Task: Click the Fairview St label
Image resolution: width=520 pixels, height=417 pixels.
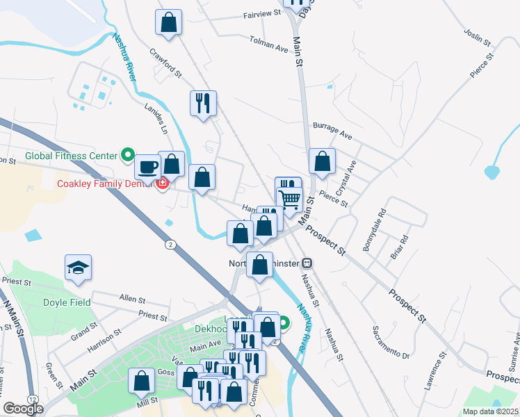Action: (x=261, y=13)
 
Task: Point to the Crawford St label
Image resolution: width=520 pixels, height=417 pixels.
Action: (x=166, y=63)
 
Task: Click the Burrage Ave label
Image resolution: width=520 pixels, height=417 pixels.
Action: (x=332, y=129)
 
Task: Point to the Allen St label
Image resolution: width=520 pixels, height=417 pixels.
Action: (x=132, y=299)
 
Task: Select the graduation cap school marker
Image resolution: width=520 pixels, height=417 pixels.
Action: (x=79, y=266)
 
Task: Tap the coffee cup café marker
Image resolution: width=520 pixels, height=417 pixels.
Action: (x=147, y=166)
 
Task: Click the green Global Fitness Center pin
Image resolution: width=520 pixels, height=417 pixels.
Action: (x=127, y=155)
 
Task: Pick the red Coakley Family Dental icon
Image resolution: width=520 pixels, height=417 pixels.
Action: (x=163, y=183)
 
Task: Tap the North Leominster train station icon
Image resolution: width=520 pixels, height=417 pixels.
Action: (x=307, y=263)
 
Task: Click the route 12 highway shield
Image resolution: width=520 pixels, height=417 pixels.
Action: (x=33, y=398)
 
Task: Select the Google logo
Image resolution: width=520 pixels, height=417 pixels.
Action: (x=24, y=409)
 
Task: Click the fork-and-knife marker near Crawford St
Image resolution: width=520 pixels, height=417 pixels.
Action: (x=203, y=103)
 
